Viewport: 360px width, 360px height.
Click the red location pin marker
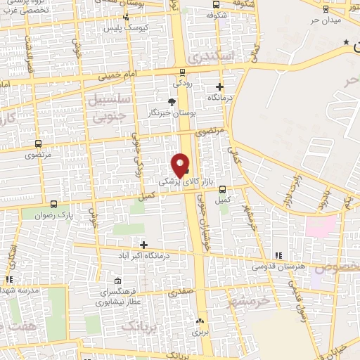point(181,165)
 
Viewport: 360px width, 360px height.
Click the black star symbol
point(345,43)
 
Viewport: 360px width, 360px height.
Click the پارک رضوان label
point(56,214)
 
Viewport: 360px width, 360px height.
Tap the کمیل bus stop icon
point(223,189)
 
